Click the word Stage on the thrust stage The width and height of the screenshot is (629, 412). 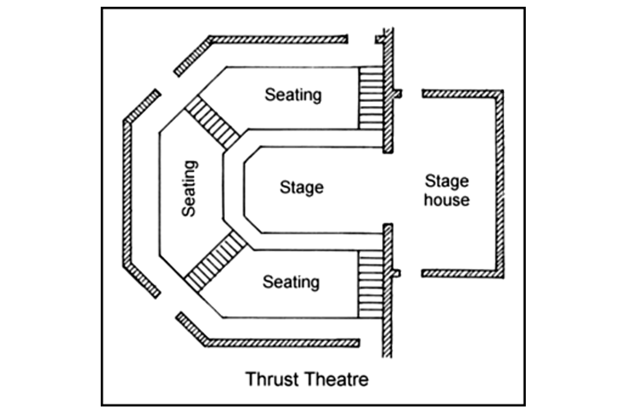(x=301, y=187)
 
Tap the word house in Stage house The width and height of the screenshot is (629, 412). (x=447, y=200)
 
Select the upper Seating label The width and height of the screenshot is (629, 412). (x=293, y=95)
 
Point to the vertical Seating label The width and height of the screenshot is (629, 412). (x=190, y=188)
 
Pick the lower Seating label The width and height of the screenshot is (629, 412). (x=291, y=282)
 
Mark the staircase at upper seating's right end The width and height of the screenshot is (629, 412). (x=370, y=98)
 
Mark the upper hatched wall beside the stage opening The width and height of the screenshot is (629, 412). (x=388, y=92)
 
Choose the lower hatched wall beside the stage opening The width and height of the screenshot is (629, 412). (x=387, y=289)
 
